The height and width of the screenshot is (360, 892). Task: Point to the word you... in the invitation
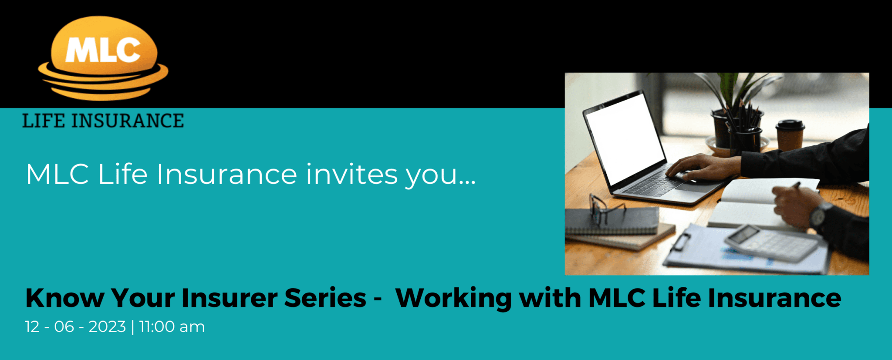440,175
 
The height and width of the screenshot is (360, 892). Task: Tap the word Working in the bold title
453,299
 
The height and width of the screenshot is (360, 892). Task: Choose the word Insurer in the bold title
230,298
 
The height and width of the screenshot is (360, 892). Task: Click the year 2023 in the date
107,327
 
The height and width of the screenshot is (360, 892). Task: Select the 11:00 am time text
172,327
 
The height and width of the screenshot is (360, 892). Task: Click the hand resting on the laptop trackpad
701,167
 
